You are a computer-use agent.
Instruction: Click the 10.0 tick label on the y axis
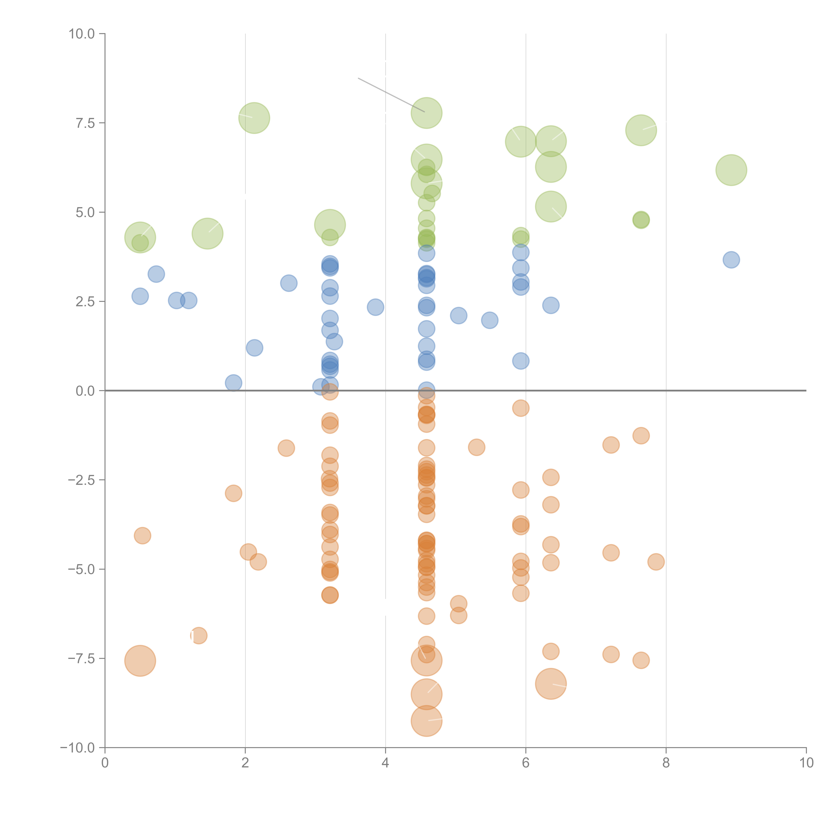pos(82,34)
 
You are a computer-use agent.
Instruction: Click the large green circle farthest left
pos(140,237)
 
